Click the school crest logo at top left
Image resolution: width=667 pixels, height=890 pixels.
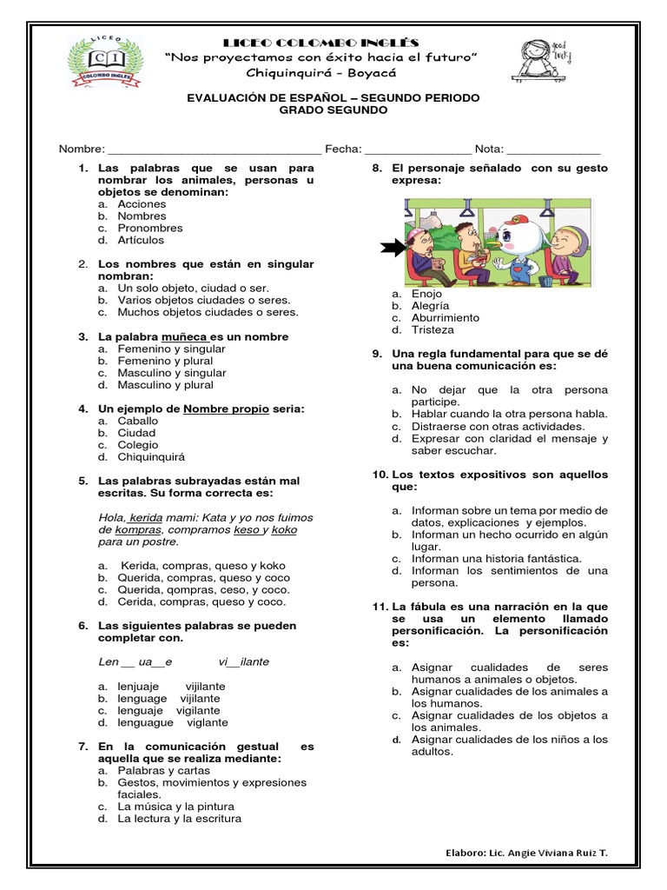106,62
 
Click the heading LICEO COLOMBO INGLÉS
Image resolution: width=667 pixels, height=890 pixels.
321,43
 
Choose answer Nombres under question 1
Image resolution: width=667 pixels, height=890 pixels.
142,216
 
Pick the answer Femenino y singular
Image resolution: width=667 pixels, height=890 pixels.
171,349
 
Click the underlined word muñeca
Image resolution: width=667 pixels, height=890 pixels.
184,336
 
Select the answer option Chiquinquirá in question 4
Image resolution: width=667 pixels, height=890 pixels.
151,456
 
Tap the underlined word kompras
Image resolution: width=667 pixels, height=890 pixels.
138,529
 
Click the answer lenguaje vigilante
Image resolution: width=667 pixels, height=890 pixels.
168,710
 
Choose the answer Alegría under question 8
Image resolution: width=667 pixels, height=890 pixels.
430,306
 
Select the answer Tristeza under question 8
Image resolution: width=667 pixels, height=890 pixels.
433,329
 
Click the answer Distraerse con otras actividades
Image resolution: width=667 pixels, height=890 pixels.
498,426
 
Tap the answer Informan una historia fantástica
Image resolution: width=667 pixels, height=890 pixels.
496,558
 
